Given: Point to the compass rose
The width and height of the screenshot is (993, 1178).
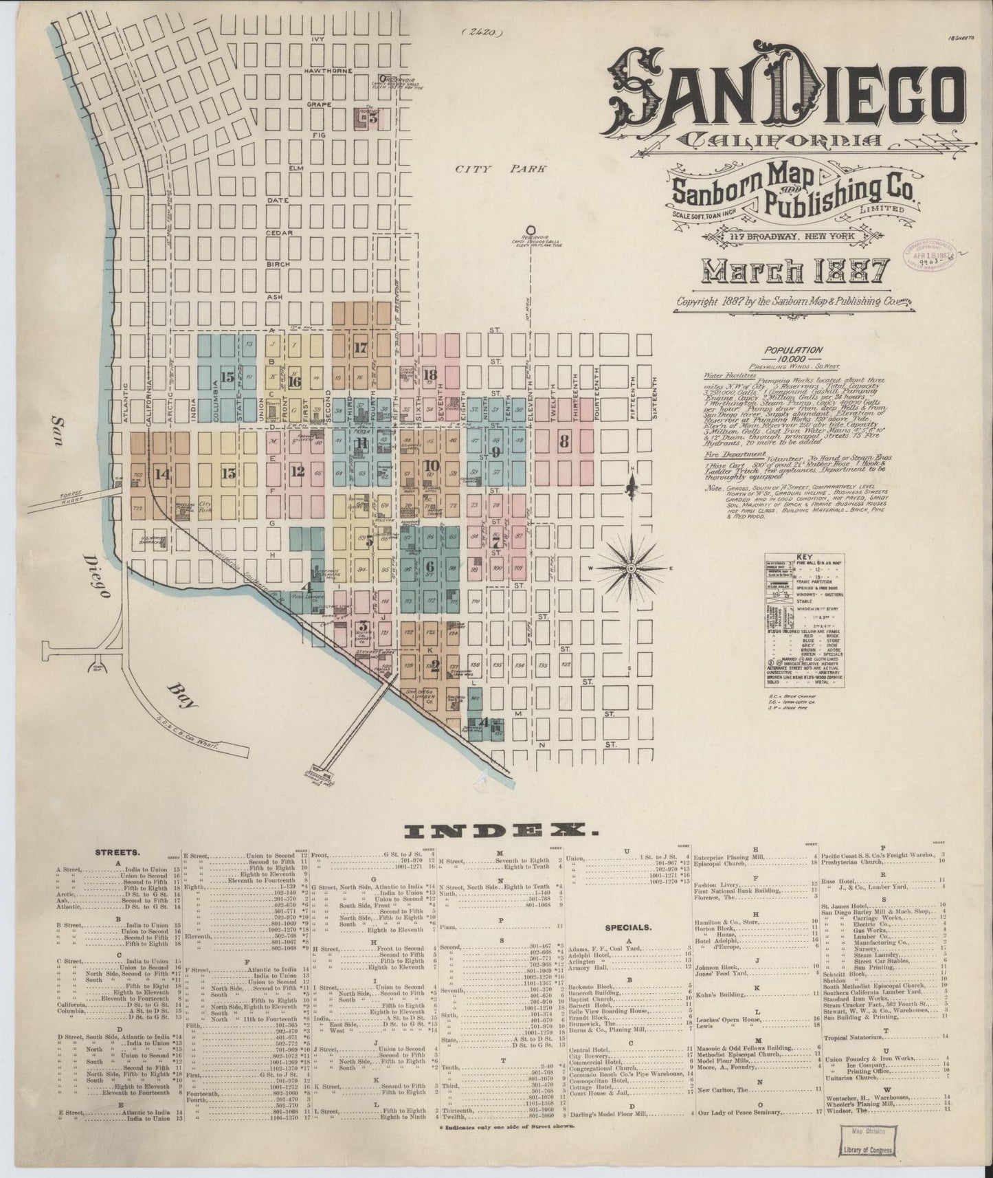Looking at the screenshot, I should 630,569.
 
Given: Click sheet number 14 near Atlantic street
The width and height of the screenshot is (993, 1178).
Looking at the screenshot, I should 162,473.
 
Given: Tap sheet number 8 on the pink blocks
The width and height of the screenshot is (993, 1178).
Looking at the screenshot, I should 564,442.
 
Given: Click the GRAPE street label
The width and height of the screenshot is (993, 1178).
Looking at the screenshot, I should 319,104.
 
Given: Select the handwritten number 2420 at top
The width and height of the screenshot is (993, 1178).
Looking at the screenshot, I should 483,30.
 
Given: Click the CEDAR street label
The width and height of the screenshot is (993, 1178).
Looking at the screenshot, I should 280,233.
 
